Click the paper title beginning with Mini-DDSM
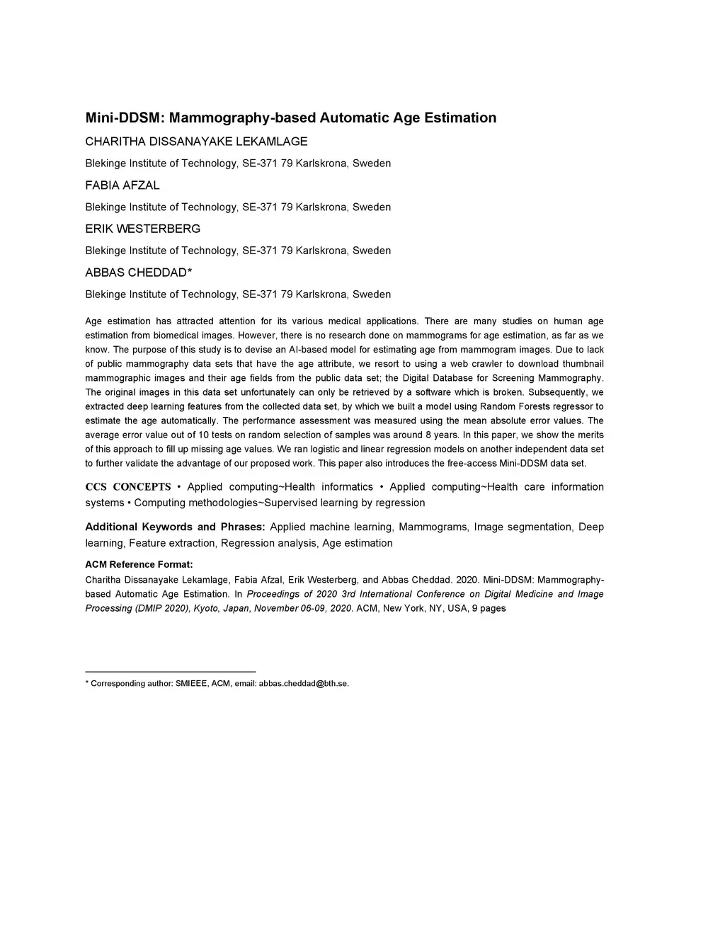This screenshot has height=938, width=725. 290,118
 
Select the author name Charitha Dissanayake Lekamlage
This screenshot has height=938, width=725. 196,142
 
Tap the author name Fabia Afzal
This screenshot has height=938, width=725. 122,185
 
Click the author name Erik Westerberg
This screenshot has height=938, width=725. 142,229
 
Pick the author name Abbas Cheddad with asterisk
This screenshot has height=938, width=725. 139,273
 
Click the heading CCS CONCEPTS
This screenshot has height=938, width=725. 128,487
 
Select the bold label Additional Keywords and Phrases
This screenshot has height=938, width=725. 175,527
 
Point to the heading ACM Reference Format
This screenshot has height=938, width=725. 139,564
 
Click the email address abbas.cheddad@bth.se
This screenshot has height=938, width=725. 304,684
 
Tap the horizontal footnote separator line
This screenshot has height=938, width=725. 170,671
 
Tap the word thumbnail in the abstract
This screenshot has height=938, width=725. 580,364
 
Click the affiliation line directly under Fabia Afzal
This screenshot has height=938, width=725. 238,207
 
